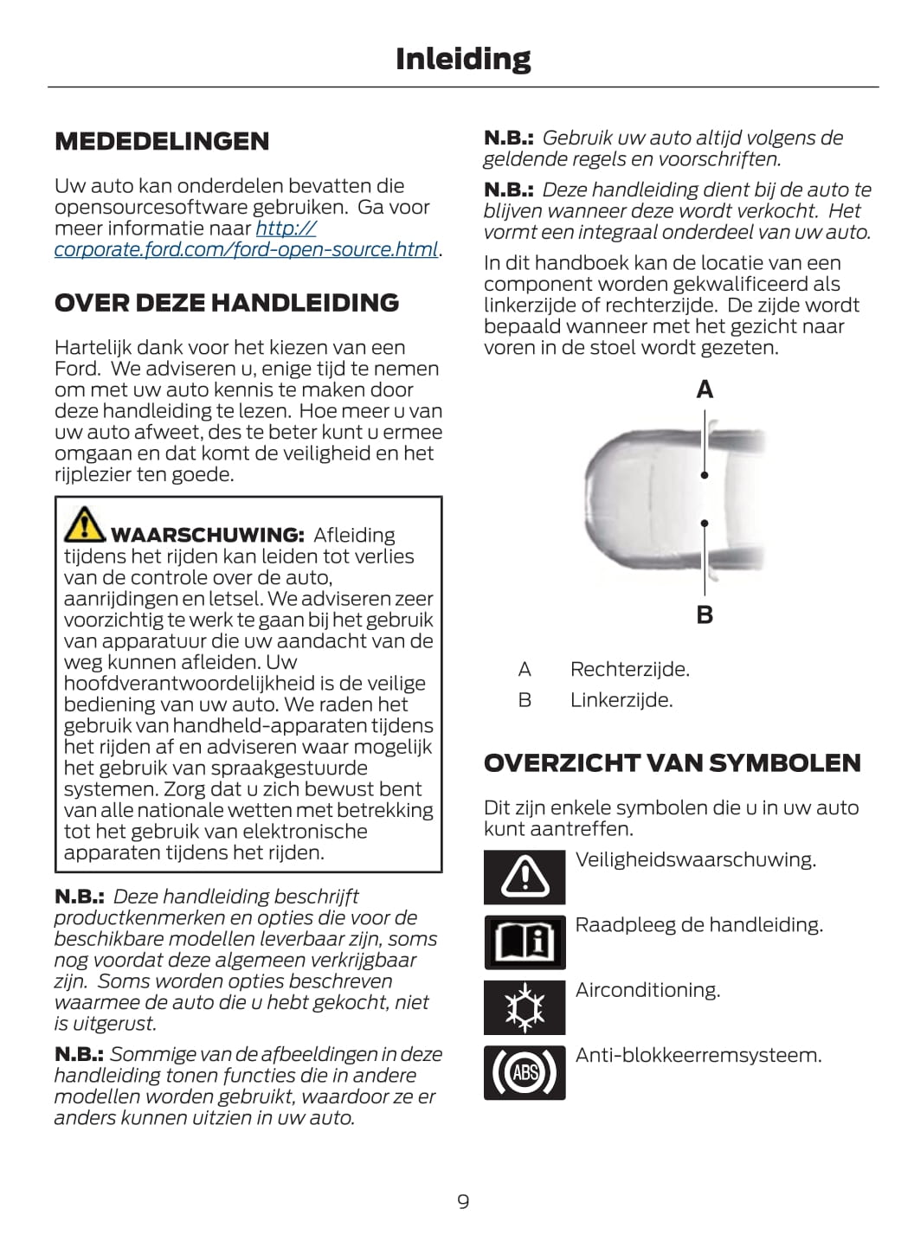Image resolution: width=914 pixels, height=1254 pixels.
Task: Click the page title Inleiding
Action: tap(463, 59)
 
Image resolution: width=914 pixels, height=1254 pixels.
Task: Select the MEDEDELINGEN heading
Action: tap(162, 141)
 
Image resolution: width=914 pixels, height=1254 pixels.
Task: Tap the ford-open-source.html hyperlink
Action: tap(247, 249)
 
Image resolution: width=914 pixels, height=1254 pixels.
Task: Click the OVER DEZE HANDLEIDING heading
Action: tap(227, 303)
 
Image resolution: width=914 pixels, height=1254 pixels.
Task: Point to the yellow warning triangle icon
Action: tap(84, 524)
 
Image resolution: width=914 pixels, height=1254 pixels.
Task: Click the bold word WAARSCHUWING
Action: tap(207, 535)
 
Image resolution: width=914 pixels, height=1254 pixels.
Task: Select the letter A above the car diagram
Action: tap(705, 390)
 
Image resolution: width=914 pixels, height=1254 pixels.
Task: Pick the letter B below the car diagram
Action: tap(705, 615)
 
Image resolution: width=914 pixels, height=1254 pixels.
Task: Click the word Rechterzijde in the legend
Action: tap(629, 669)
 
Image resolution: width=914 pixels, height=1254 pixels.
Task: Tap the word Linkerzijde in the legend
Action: tap(621, 699)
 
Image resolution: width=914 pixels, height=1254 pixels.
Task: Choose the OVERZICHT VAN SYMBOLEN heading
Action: tap(672, 763)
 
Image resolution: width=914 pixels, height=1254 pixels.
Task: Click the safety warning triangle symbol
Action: tap(525, 877)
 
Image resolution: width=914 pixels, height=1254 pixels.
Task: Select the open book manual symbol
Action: tap(525, 942)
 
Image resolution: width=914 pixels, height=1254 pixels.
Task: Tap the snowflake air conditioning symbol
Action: tap(525, 1007)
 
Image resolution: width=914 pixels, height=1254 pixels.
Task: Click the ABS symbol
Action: tap(525, 1072)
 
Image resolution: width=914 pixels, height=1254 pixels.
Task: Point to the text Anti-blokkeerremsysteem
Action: tap(698, 1055)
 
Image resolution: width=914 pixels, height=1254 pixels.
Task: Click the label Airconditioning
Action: tap(647, 990)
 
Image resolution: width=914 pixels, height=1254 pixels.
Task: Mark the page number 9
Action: tap(463, 1201)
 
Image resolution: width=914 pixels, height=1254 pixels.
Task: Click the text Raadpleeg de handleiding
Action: tap(698, 925)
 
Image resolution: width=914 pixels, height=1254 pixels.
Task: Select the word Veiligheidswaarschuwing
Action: tap(695, 860)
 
